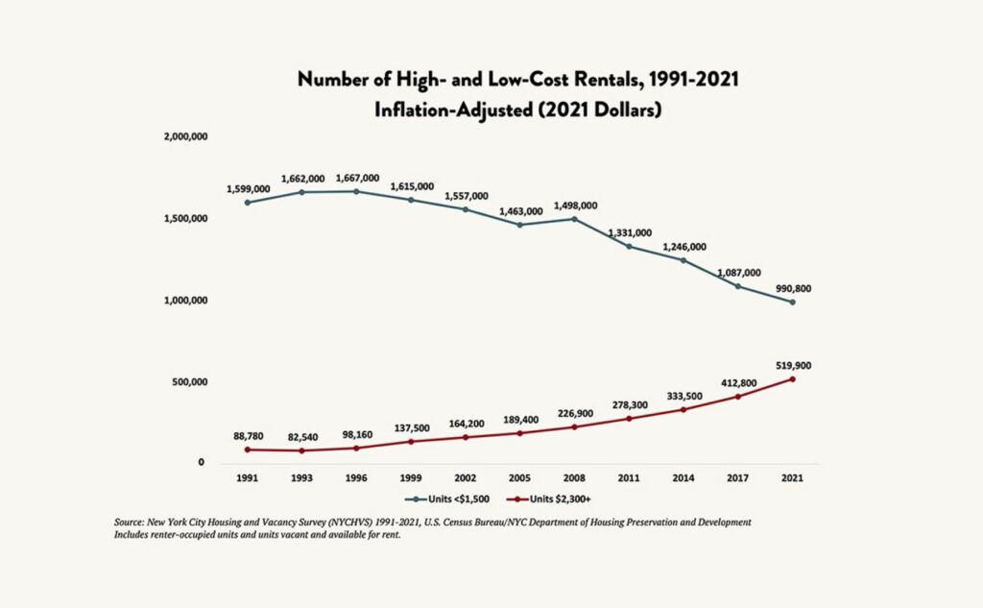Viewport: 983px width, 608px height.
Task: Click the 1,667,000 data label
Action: click(x=357, y=178)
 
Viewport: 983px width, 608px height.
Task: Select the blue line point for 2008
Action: click(x=574, y=219)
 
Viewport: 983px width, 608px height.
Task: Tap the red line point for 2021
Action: click(x=792, y=378)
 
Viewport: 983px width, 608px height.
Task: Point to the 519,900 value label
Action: click(x=792, y=365)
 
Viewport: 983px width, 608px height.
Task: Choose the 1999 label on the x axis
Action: click(x=412, y=477)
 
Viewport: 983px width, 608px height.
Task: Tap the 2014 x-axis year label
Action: click(x=683, y=477)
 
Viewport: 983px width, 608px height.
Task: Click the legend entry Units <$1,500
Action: click(x=445, y=499)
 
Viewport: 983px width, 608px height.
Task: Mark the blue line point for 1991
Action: click(x=248, y=202)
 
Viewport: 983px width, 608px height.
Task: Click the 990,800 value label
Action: click(x=792, y=287)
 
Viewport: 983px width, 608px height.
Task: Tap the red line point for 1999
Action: click(x=412, y=441)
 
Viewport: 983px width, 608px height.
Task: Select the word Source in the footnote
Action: click(x=129, y=522)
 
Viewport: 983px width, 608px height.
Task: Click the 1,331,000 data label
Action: click(x=629, y=232)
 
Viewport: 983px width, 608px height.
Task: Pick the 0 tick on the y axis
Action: click(x=201, y=463)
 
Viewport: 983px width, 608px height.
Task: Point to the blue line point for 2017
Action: click(x=737, y=286)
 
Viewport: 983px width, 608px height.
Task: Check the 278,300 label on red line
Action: click(x=629, y=405)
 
